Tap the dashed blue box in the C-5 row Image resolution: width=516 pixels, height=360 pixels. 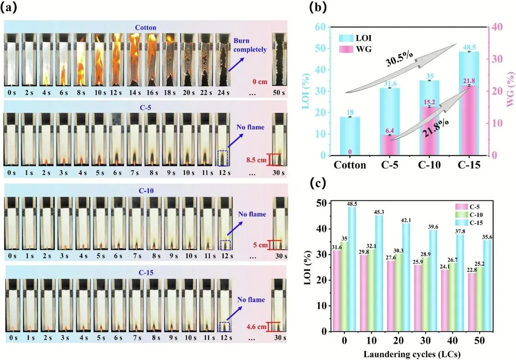223,158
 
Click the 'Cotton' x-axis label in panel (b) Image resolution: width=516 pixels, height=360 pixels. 350,165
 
